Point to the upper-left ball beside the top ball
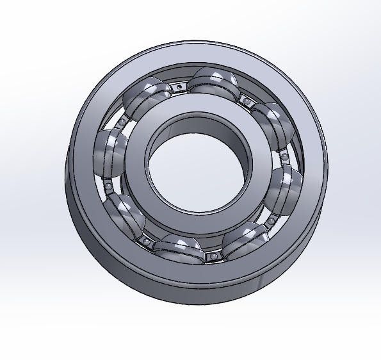[145, 96]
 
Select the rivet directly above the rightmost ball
[282, 154]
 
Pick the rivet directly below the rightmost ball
[270, 221]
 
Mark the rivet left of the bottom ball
[147, 241]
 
